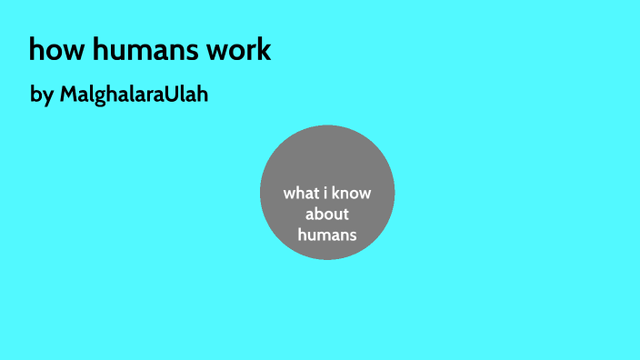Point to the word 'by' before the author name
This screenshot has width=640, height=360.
[42, 95]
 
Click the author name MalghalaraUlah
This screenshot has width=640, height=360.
[134, 94]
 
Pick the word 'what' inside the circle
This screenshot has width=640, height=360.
[301, 193]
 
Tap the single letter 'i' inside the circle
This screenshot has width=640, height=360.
[330, 193]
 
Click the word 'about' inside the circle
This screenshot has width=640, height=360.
[327, 214]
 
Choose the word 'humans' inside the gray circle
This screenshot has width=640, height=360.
[326, 234]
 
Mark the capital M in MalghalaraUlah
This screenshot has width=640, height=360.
[68, 94]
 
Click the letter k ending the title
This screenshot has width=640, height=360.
[265, 49]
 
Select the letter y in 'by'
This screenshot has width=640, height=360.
[47, 96]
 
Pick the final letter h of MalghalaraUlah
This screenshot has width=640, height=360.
[202, 94]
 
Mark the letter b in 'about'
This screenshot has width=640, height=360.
[318, 214]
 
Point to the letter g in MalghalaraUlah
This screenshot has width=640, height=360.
[100, 96]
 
